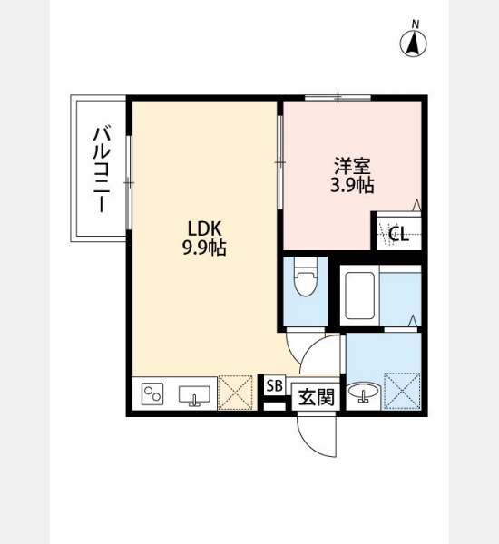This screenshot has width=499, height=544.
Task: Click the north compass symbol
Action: click(413, 44)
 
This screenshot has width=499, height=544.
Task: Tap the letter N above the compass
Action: click(416, 24)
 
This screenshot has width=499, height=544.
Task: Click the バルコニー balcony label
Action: click(102, 170)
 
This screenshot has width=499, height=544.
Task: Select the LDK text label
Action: click(204, 228)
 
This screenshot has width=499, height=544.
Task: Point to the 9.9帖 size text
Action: click(204, 248)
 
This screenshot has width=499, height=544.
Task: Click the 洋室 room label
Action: click(352, 166)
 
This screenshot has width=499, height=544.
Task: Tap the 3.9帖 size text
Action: click(352, 186)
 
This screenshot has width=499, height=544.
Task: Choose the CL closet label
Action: click(398, 234)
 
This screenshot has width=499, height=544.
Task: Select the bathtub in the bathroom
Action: click(360, 296)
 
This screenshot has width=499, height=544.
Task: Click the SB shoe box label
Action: click(275, 386)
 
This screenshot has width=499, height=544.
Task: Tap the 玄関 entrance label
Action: click(317, 397)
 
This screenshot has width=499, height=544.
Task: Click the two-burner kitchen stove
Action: click(152, 393)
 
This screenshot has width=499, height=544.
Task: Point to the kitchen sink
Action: click(194, 395)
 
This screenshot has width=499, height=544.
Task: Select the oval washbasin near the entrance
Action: click(363, 393)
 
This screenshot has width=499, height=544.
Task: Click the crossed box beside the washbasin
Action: click(402, 391)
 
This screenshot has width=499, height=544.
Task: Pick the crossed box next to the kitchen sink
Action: click(235, 393)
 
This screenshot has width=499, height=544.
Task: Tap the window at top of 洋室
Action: click(338, 98)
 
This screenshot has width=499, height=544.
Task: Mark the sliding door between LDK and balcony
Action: click(129, 182)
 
